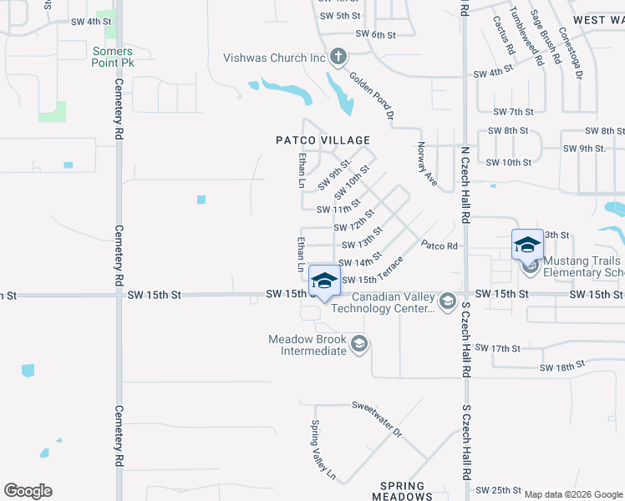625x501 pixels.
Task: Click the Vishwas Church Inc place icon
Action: (338, 58)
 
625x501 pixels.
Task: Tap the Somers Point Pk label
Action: (113, 57)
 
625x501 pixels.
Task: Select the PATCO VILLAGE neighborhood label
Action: (323, 140)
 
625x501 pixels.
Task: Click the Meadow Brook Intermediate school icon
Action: (359, 344)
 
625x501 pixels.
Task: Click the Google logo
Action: (28, 491)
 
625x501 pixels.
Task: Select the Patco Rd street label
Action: (440, 245)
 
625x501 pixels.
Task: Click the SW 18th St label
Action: (561, 367)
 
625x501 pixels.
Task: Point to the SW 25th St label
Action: (498, 490)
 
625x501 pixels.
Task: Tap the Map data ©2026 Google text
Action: (572, 494)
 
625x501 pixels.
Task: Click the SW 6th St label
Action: (374, 33)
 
